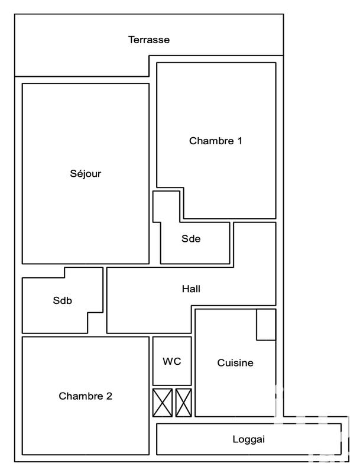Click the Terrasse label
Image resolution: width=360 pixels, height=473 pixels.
(x=149, y=40)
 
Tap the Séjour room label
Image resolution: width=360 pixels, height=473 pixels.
(x=85, y=174)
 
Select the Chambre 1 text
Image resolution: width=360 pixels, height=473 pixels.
(x=216, y=141)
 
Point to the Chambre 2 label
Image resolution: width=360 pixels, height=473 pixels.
(x=85, y=396)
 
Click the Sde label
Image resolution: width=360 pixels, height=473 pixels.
(x=191, y=239)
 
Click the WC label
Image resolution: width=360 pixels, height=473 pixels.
(x=172, y=361)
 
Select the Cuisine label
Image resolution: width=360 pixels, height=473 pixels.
(x=235, y=363)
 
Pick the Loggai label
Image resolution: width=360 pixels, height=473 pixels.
(x=248, y=440)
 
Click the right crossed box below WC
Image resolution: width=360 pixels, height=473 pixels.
(x=184, y=403)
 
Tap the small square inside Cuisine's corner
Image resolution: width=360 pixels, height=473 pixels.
(x=266, y=325)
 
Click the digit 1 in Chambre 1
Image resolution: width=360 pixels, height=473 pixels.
(x=240, y=141)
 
